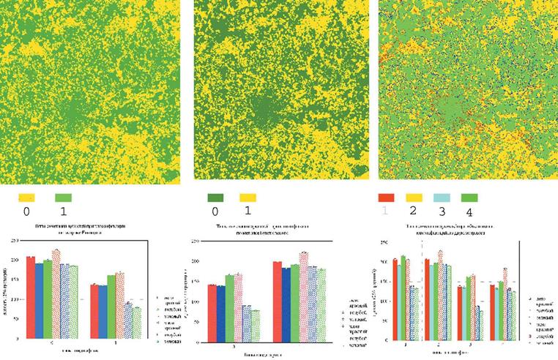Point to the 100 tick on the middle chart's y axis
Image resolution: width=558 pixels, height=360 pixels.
coord(195,299)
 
